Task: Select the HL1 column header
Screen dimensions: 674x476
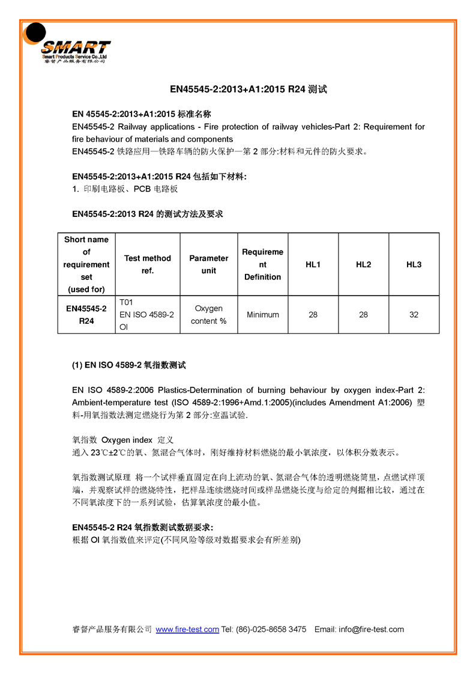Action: point(313,264)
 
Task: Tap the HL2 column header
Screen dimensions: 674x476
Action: point(363,264)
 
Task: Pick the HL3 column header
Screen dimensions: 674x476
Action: point(414,264)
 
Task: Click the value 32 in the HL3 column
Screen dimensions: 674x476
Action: point(414,315)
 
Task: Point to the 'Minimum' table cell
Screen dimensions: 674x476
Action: point(262,315)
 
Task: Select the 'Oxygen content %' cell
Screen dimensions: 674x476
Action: point(208,315)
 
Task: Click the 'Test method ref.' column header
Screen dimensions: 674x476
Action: point(147,264)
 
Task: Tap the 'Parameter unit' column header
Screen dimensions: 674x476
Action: point(208,264)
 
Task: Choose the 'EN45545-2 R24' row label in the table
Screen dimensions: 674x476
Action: point(86,315)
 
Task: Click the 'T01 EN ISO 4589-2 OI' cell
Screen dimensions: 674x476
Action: point(146,315)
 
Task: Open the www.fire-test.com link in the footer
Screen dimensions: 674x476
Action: point(187,630)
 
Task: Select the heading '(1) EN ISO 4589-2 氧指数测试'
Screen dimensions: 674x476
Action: point(129,365)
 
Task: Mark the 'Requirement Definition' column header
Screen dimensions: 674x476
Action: point(262,264)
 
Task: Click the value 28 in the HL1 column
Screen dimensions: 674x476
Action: point(313,315)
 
